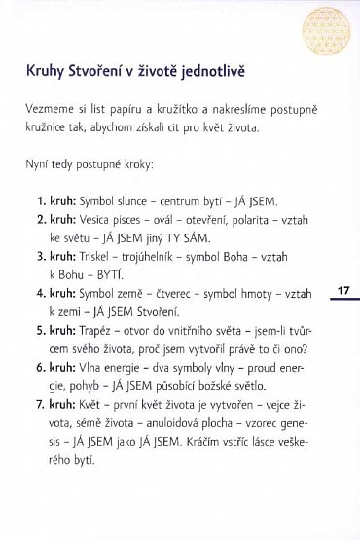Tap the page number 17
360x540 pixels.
[x=343, y=291]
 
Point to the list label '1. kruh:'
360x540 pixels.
[x=56, y=202]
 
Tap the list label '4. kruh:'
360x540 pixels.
[x=56, y=292]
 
